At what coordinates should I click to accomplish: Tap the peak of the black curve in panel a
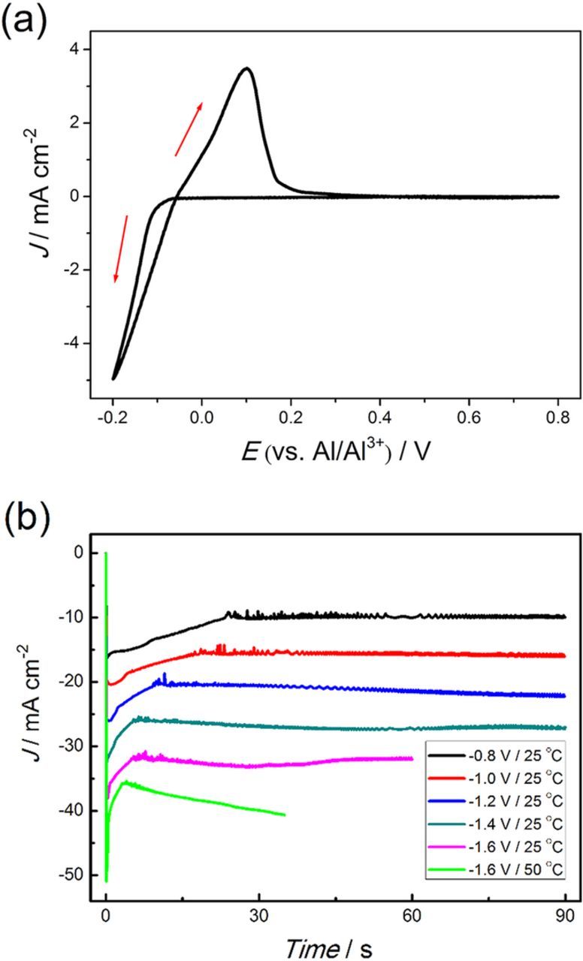pos(246,68)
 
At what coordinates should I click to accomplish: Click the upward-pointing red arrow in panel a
pos(189,128)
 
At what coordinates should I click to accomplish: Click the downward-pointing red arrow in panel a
pos(121,249)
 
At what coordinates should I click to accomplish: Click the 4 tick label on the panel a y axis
pos(74,50)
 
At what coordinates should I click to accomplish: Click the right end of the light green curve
pos(285,815)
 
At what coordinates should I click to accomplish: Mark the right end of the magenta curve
pos(412,758)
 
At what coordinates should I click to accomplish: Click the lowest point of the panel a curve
pos(113,379)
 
